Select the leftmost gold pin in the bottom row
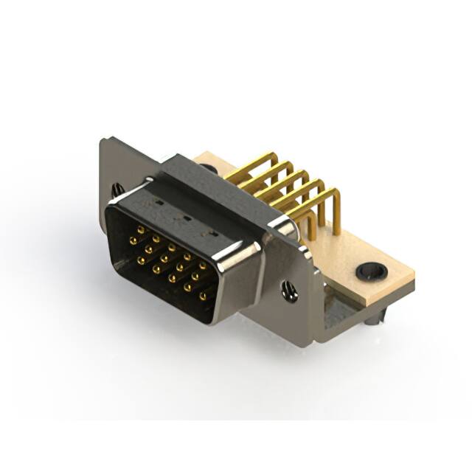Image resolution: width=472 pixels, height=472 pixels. pos(140,260)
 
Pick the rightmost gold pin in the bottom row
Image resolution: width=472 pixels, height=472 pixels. pos(203,296)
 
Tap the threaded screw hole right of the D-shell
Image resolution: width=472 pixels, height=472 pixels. pos(290,292)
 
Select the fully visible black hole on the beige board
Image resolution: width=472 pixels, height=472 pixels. pos(372,271)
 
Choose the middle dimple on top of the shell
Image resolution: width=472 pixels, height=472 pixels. pos(186,218)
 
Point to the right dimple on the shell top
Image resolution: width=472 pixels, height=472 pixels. pos(213,234)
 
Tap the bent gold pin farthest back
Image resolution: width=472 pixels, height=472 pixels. pos(254,164)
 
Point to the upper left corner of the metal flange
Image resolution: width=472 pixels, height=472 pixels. pos(104,140)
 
